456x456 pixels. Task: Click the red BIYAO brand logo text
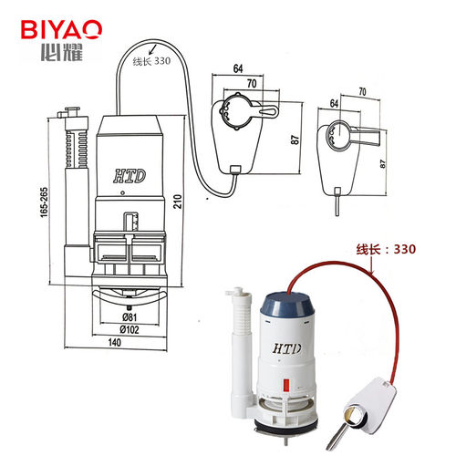61,29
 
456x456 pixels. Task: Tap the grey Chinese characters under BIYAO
62,52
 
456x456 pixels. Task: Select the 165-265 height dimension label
45,202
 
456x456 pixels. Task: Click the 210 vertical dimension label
177,202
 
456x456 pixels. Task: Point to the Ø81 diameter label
130,317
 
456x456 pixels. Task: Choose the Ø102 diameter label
130,329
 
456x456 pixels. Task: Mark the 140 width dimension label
115,343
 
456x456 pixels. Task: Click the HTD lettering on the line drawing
130,176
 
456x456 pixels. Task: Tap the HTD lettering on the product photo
287,348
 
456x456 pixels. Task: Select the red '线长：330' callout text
386,249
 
